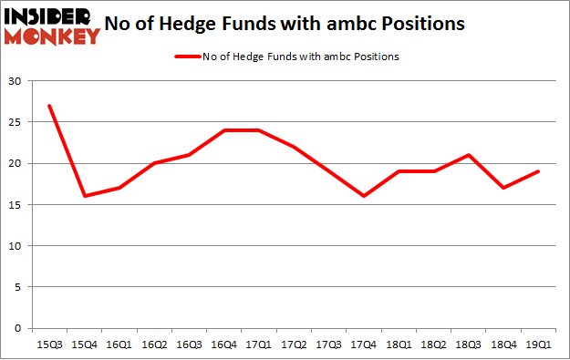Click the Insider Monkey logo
[52, 26]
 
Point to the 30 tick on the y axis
[16, 81]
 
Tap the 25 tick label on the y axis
[16, 122]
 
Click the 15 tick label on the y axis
[16, 205]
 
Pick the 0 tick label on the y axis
[18, 328]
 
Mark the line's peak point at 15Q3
[49, 106]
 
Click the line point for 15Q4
[85, 196]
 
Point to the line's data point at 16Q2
[155, 163]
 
